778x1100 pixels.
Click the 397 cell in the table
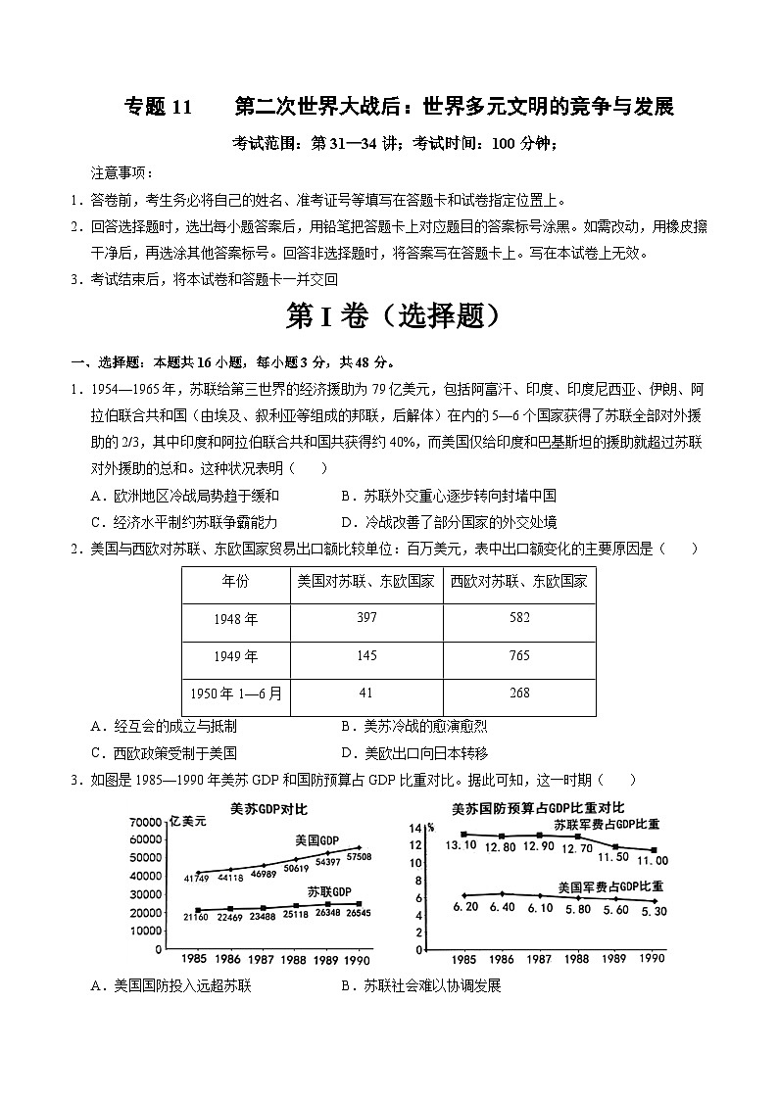[366, 617]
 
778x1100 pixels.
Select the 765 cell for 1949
[519, 655]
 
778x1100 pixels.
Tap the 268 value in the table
[519, 693]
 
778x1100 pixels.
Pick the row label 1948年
[235, 618]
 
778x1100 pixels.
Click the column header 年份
[235, 581]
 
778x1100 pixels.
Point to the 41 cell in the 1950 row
[366, 693]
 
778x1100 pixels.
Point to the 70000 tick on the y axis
[144, 821]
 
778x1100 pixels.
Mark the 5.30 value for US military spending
[653, 911]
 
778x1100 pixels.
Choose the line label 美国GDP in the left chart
[316, 840]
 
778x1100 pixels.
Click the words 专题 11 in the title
[162, 107]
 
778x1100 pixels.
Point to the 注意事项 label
[122, 172]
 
